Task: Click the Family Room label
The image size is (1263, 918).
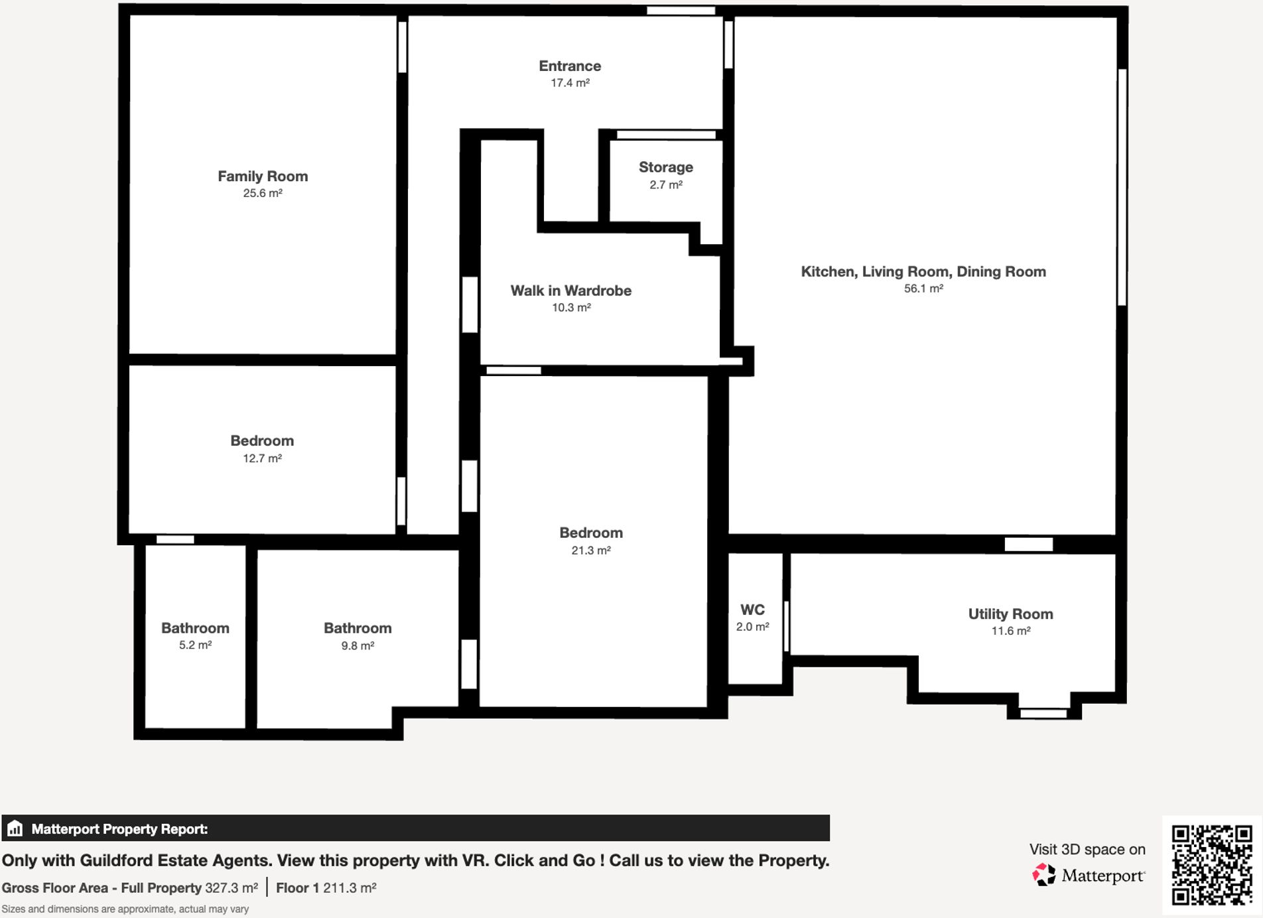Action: click(263, 176)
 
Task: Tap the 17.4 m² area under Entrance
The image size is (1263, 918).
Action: click(570, 83)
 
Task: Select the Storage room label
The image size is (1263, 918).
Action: click(665, 167)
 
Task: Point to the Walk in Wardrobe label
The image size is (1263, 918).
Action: click(570, 291)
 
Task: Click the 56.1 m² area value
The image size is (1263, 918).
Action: click(923, 289)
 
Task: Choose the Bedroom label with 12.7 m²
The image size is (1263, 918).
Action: click(262, 441)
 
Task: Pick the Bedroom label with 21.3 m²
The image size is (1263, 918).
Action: click(590, 533)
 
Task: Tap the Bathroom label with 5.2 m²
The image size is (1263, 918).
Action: click(195, 628)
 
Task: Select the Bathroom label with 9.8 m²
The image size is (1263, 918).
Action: click(358, 628)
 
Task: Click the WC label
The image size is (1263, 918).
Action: click(752, 610)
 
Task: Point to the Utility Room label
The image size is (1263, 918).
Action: click(1010, 614)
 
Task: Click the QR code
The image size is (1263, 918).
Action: click(1211, 864)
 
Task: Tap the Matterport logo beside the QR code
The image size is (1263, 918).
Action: click(1089, 875)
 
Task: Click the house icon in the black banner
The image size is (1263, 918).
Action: click(15, 828)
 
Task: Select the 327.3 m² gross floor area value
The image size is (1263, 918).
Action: click(231, 887)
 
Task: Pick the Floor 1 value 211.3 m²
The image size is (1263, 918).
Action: click(350, 887)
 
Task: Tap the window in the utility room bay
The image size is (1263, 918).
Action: click(1043, 714)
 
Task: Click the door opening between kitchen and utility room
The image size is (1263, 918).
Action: click(1028, 545)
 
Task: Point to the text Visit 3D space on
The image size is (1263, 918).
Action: click(1087, 849)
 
